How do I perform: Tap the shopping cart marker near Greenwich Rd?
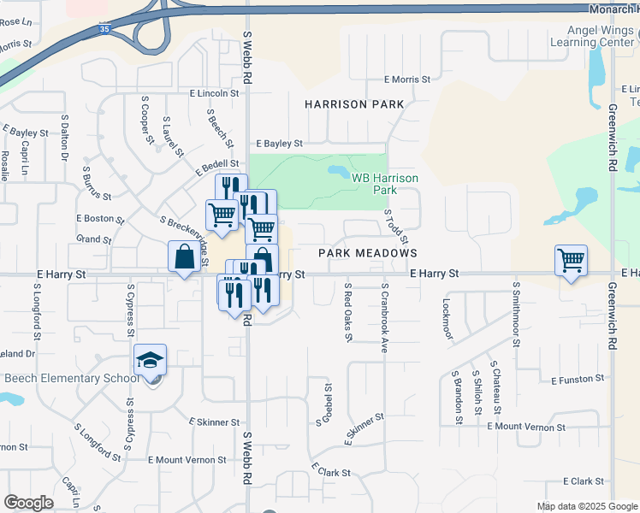click(571, 260)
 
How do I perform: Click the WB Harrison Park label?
click(385, 183)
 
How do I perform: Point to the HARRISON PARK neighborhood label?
click(354, 104)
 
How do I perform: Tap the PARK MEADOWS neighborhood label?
click(368, 253)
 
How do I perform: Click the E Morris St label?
click(407, 80)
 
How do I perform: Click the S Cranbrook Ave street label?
click(385, 318)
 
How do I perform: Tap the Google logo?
click(29, 503)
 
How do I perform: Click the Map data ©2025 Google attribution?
click(587, 506)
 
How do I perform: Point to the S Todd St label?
click(395, 226)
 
